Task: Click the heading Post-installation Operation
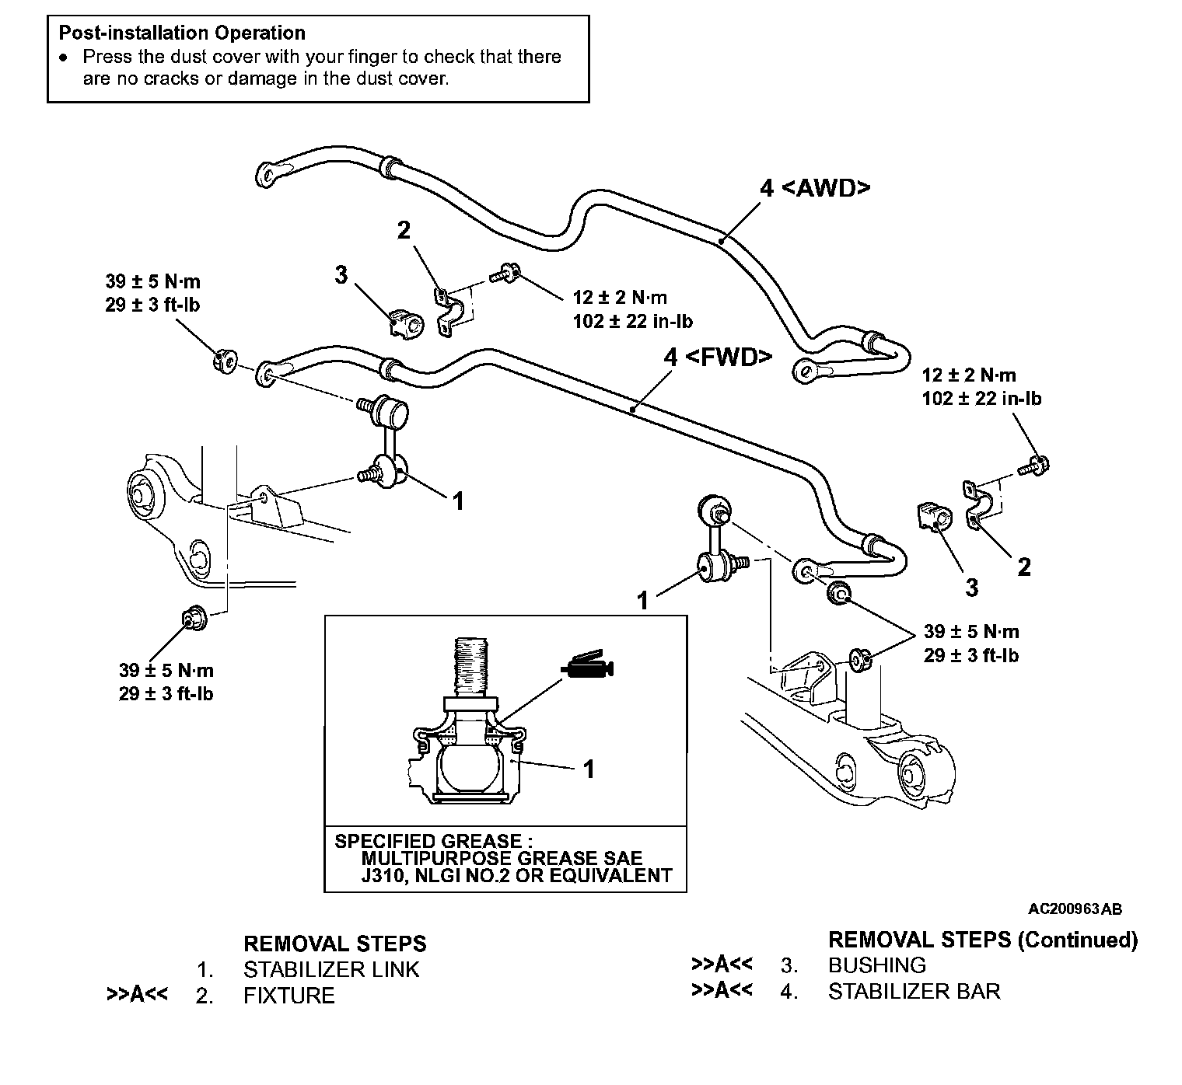coord(182,33)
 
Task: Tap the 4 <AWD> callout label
coord(814,188)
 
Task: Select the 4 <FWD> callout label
coord(717,357)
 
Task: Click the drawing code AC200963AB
coord(1075,909)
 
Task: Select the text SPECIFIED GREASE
coord(428,841)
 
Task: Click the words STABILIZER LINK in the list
coord(331,970)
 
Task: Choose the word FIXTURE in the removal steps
coord(289,996)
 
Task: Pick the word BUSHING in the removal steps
coord(876,965)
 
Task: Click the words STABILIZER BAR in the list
coord(914,991)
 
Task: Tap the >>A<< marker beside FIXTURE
coord(137,995)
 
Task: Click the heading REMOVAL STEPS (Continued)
coord(982,940)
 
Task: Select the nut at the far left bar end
coord(223,361)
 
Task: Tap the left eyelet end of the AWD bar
coord(268,172)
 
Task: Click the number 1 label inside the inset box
coord(589,769)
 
